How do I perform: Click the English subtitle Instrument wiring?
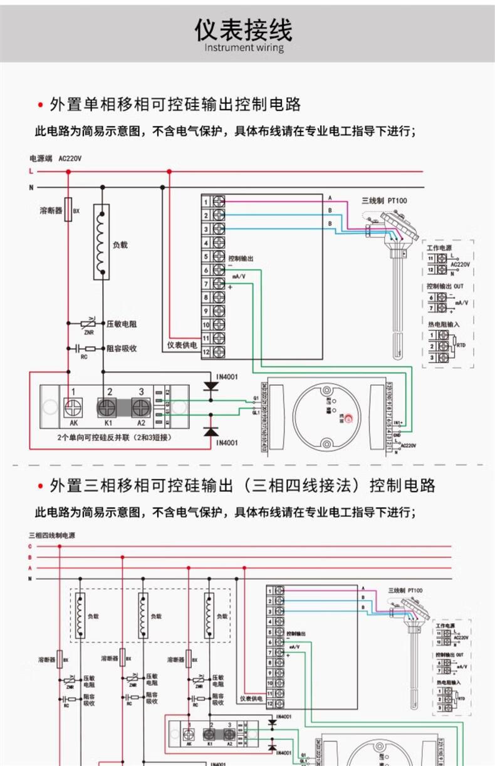click(x=244, y=48)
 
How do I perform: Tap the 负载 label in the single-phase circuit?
click(x=120, y=245)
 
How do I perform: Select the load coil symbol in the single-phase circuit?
click(x=102, y=241)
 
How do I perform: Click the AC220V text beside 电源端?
click(x=70, y=158)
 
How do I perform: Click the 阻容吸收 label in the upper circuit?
click(x=122, y=348)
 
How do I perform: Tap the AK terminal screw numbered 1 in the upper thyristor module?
click(x=73, y=408)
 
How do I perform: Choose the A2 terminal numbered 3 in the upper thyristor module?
click(x=141, y=407)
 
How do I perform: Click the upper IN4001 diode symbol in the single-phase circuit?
click(x=211, y=386)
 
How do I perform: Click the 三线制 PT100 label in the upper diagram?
click(x=384, y=200)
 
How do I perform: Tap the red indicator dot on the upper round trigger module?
click(x=350, y=418)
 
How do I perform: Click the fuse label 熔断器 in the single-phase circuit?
click(x=51, y=211)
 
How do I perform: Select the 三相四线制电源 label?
click(x=52, y=536)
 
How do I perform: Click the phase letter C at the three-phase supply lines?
click(x=29, y=546)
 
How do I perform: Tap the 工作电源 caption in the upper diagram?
click(x=440, y=248)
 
